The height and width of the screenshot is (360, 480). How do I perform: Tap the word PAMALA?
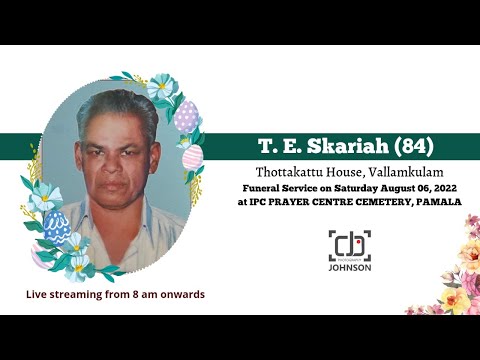pos(437,201)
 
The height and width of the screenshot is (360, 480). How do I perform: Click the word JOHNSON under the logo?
pos(349,269)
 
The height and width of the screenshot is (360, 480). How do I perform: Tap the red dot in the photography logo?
pos(361,237)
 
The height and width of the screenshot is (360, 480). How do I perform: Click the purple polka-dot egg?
pos(186,117)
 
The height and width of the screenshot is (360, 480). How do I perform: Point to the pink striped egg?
pos(192,157)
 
